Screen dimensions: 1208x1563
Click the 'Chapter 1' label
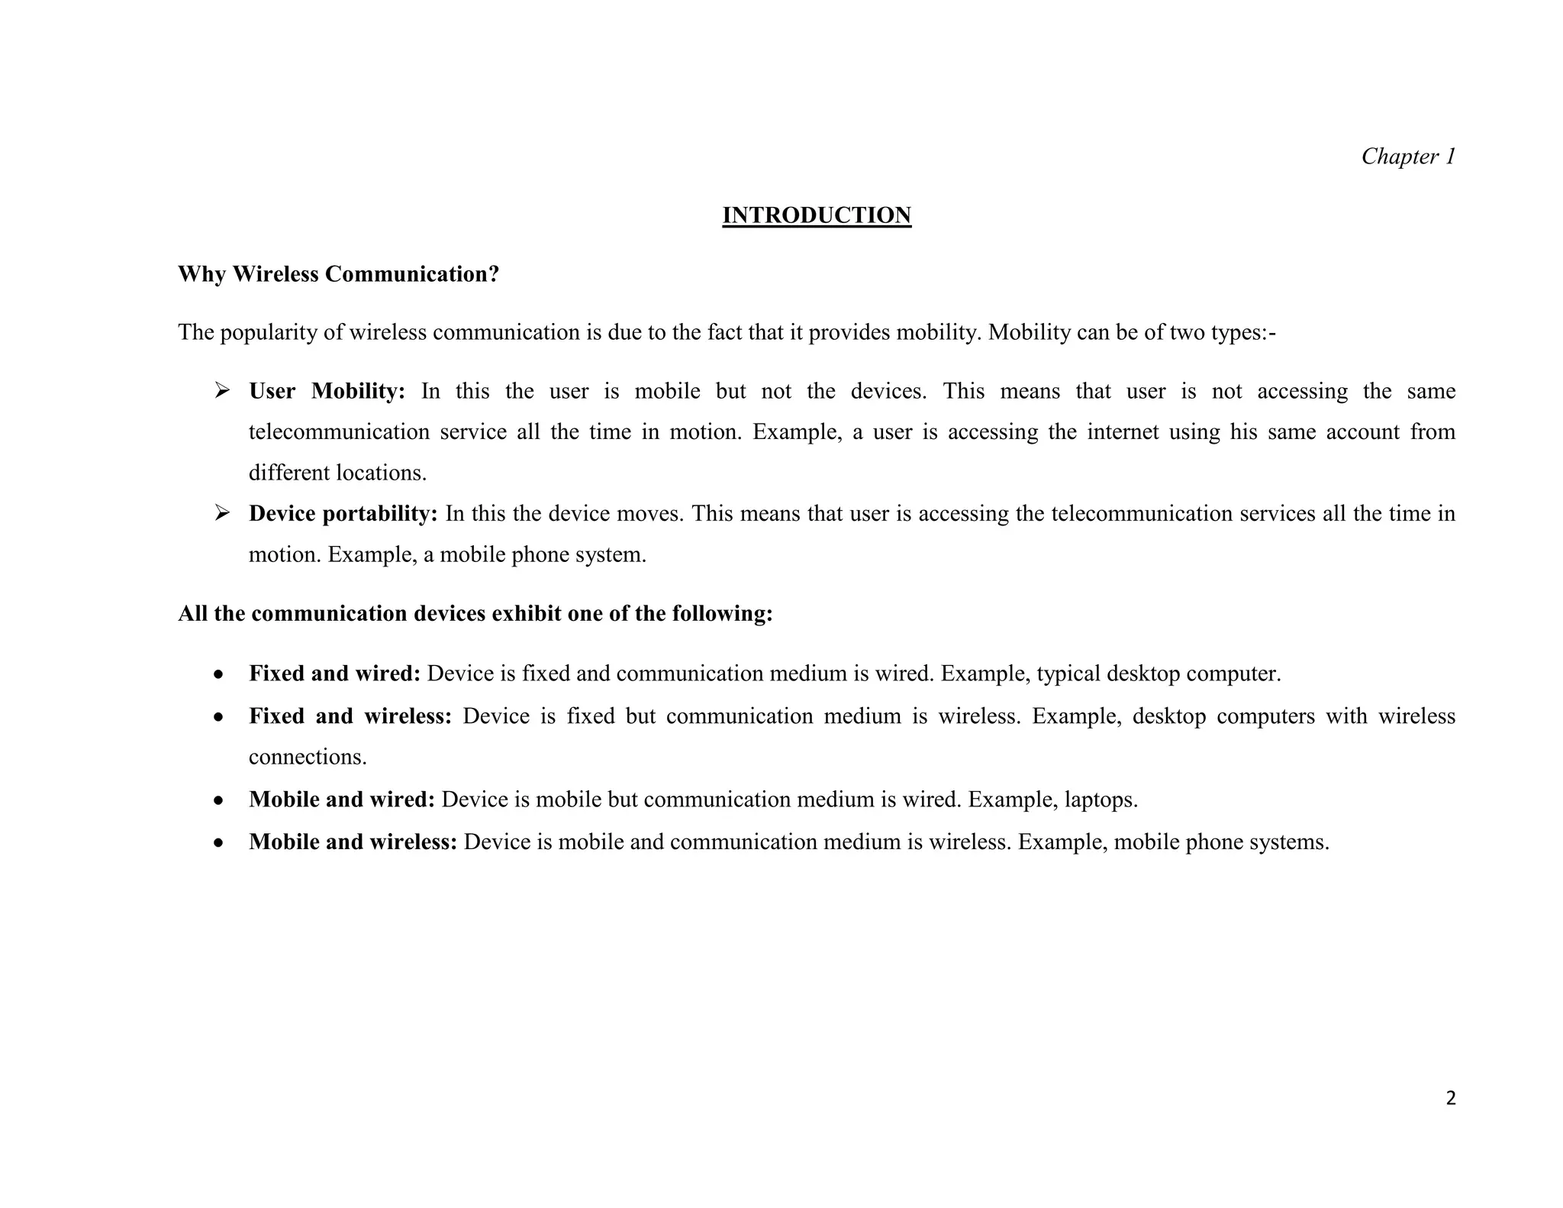point(1408,157)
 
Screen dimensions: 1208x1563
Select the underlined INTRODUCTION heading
point(817,215)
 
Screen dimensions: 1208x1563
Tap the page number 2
point(1451,1098)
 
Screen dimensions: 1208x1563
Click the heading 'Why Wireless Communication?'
point(338,274)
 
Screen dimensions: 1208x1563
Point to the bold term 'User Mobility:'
point(327,391)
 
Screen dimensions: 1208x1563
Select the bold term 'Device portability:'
point(343,513)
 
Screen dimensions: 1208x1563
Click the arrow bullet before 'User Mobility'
point(222,391)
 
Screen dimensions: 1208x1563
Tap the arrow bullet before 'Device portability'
point(222,513)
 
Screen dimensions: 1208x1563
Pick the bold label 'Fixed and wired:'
point(334,673)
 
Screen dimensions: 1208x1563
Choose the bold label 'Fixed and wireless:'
point(350,716)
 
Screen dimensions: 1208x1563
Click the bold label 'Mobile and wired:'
point(341,799)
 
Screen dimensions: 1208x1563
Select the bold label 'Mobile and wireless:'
point(353,841)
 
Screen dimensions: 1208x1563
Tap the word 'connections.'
point(308,757)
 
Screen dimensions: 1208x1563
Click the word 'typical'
point(1068,673)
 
